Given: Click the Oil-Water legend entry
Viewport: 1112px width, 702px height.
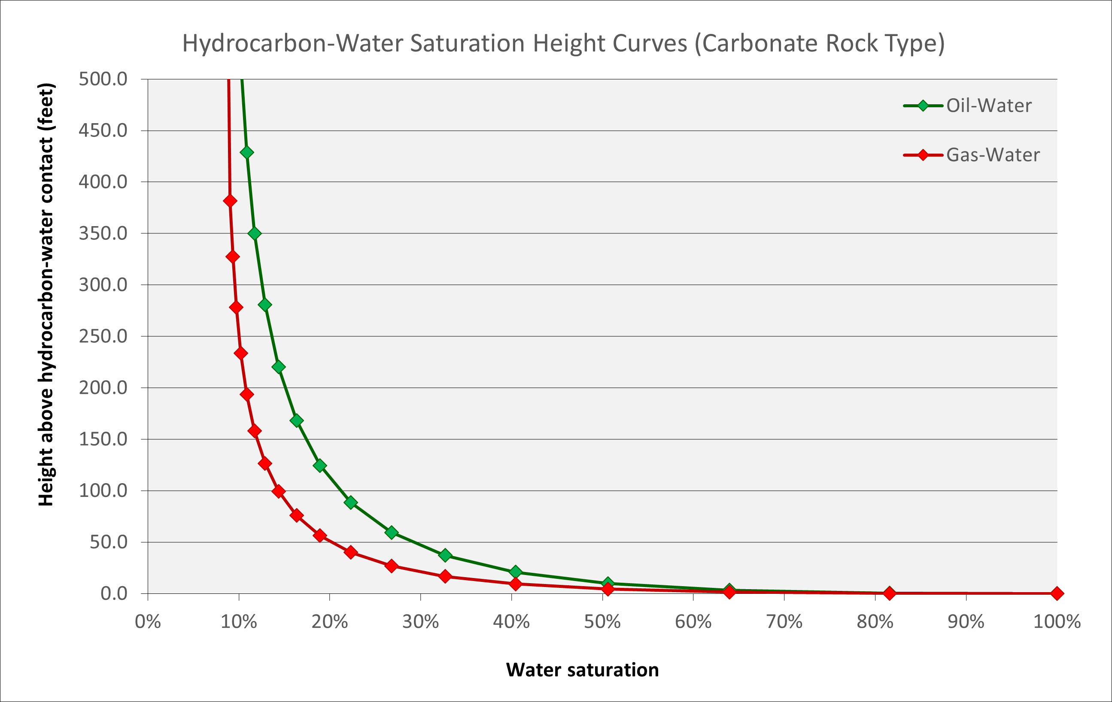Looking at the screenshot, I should [988, 106].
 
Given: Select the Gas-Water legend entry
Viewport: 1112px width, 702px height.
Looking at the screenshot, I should [992, 154].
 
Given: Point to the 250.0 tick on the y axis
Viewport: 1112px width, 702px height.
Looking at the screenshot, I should [103, 336].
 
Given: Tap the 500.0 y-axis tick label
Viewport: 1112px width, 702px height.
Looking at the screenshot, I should [103, 79].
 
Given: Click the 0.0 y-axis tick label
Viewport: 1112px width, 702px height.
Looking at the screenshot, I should [114, 593].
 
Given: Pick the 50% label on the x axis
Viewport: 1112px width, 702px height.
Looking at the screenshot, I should [602, 622].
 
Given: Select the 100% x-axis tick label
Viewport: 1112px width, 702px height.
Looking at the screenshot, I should [1057, 622].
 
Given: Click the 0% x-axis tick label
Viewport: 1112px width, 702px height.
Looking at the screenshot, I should [148, 622].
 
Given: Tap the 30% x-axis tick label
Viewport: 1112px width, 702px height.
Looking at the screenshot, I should [420, 622].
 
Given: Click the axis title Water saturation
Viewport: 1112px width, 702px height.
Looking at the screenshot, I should [582, 670].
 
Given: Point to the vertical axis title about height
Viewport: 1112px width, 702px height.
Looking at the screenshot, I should [46, 294].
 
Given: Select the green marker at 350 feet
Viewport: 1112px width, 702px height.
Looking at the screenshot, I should [255, 233].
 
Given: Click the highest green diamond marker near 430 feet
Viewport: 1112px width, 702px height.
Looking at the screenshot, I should [246, 152].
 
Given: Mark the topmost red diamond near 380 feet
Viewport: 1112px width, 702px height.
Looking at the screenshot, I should [230, 201].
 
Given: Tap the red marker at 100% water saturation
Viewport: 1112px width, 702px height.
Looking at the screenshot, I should [1057, 593].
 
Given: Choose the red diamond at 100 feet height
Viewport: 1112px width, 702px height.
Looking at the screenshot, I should [279, 491].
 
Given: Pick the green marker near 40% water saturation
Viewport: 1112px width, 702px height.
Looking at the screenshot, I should [516, 572].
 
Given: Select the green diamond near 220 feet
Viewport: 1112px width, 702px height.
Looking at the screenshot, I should [279, 367].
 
